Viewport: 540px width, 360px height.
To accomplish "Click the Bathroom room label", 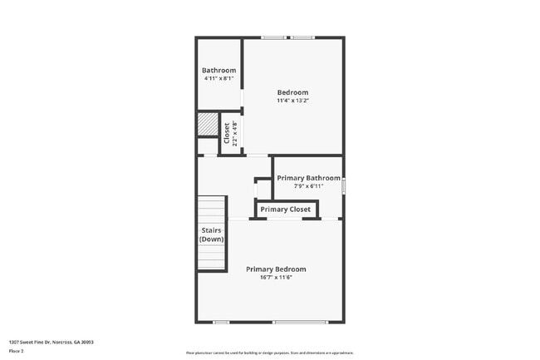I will pyautogui.click(x=218, y=71).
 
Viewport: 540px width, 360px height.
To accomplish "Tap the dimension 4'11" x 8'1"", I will pyautogui.click(x=218, y=80).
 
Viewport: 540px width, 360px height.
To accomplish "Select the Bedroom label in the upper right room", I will pyautogui.click(x=292, y=92).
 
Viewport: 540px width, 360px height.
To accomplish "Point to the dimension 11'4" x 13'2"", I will pyautogui.click(x=292, y=101).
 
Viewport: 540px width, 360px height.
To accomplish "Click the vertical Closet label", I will pyautogui.click(x=227, y=133).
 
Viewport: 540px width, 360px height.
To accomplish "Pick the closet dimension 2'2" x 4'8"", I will pyautogui.click(x=235, y=133).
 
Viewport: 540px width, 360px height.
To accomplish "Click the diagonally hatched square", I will pyautogui.click(x=207, y=125).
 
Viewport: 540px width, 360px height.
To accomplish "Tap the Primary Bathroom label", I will pyautogui.click(x=308, y=178).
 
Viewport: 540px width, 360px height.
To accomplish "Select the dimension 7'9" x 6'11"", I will pyautogui.click(x=308, y=186).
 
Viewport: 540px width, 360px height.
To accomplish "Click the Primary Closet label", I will pyautogui.click(x=285, y=210).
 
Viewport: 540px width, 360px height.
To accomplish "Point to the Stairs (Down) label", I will pyautogui.click(x=211, y=234).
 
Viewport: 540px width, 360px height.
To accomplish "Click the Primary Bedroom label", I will pyautogui.click(x=276, y=269).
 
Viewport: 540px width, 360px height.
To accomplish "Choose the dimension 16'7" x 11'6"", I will pyautogui.click(x=276, y=277).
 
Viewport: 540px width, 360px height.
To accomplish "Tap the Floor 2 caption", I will pyautogui.click(x=17, y=351).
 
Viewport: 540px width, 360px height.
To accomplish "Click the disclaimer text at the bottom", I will pyautogui.click(x=269, y=353).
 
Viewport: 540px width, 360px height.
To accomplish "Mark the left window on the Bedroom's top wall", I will pyautogui.click(x=273, y=37).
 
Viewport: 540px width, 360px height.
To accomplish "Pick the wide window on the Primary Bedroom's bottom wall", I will pyautogui.click(x=300, y=322).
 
